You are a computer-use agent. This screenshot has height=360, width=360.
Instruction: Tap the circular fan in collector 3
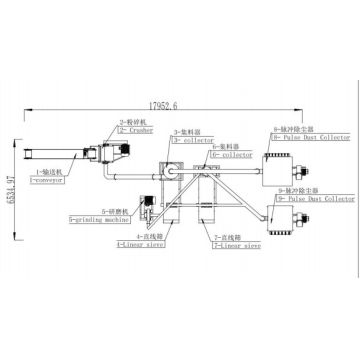[x=171, y=171]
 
